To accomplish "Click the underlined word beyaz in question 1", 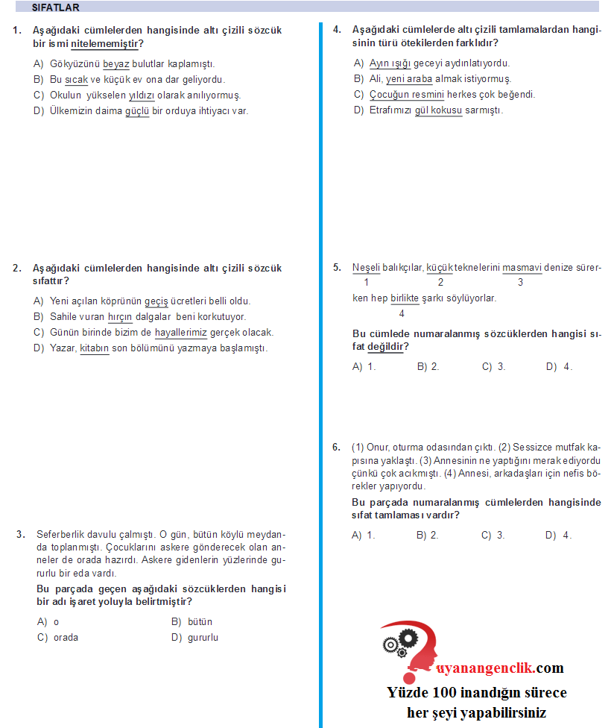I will pyautogui.click(x=115, y=64).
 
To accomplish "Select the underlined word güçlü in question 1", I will pyautogui.click(x=137, y=111).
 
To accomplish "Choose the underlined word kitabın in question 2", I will pyautogui.click(x=95, y=348).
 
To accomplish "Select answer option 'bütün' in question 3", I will pyautogui.click(x=200, y=622).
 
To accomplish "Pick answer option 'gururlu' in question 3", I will pyautogui.click(x=203, y=638).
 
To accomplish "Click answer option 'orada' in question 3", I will pyautogui.click(x=66, y=638).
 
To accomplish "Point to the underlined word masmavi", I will pyautogui.click(x=522, y=268).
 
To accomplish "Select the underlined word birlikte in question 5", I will pyautogui.click(x=405, y=298).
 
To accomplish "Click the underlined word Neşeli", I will pyautogui.click(x=366, y=268).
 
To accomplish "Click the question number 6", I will pyautogui.click(x=336, y=448).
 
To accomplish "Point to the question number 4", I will pyautogui.click(x=337, y=31).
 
